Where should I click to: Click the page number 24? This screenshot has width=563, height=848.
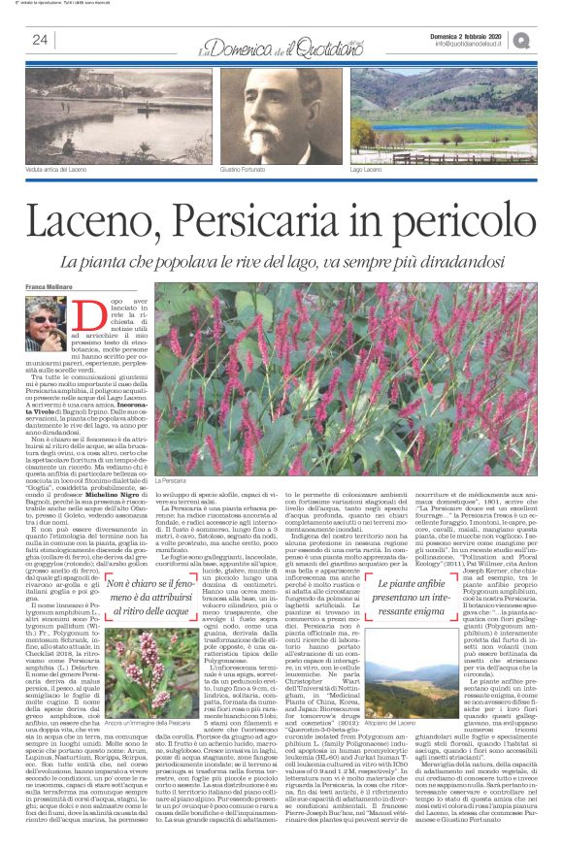41,40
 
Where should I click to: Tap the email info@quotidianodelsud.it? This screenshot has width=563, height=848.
471,43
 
